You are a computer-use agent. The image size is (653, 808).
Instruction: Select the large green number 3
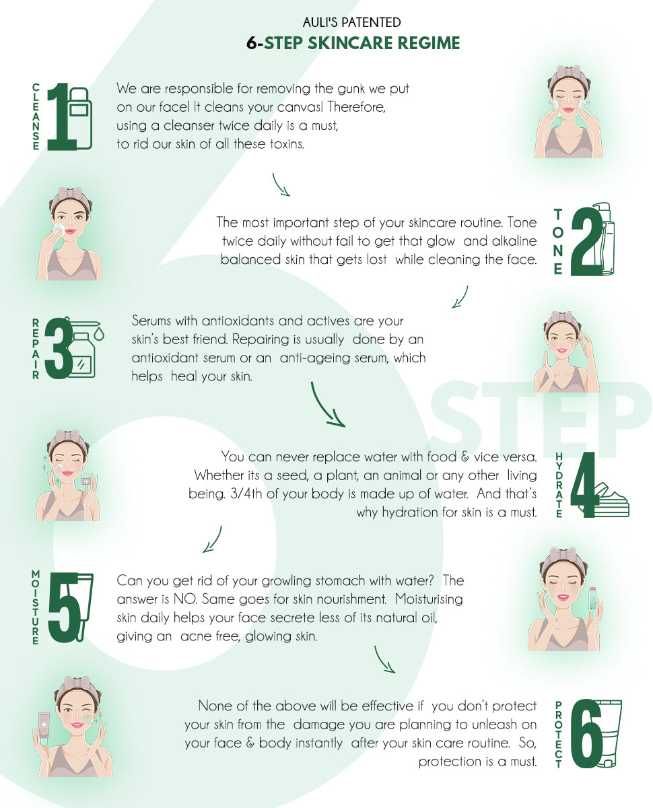tap(59, 348)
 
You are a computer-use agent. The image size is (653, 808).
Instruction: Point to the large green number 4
tap(583, 484)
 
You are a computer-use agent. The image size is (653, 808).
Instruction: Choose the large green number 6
tap(586, 733)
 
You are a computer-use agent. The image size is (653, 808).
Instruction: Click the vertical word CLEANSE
tap(36, 117)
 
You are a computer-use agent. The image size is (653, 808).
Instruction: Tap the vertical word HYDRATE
tap(559, 485)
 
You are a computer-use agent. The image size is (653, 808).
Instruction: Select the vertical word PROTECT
tap(558, 735)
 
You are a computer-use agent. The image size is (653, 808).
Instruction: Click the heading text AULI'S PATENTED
tap(351, 22)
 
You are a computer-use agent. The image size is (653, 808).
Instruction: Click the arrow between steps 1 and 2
tap(281, 184)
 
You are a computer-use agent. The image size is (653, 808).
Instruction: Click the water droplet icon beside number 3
tap(99, 333)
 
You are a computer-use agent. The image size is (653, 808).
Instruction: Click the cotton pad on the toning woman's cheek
tap(59, 229)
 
